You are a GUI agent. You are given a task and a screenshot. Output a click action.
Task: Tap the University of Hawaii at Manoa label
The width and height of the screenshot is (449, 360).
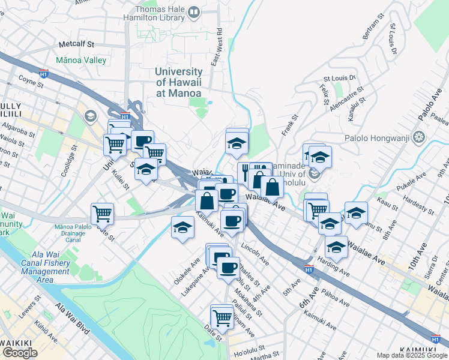[x=178, y=82]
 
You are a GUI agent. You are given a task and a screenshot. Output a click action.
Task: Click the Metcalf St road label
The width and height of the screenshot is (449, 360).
[x=77, y=44]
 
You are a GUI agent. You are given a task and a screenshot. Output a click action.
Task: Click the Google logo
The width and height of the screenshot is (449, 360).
[x=20, y=353]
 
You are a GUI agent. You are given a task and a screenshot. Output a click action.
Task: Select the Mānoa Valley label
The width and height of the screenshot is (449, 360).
[x=81, y=61]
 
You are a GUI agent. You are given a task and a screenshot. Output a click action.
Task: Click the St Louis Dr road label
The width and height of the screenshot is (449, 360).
[x=340, y=78]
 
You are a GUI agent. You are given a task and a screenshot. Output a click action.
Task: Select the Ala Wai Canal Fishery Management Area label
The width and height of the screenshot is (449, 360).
[x=45, y=266]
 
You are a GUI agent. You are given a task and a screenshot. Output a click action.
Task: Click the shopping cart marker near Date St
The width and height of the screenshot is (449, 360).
[x=222, y=316]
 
